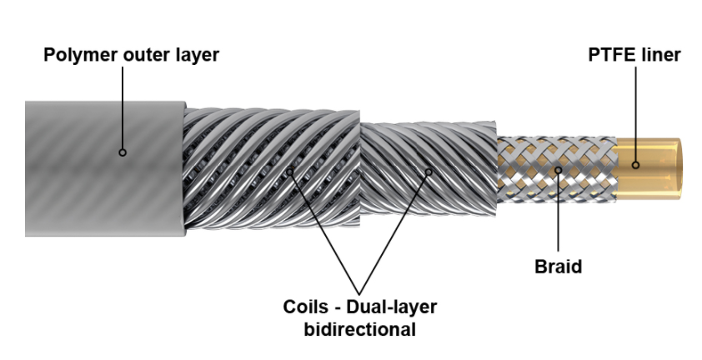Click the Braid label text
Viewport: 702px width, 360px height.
click(x=559, y=267)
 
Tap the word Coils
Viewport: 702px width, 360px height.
click(x=305, y=307)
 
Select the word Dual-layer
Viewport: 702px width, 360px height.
click(x=391, y=307)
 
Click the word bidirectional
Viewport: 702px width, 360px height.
click(x=360, y=329)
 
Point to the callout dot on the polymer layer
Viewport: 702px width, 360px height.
click(x=123, y=152)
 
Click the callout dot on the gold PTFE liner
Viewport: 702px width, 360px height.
click(x=635, y=165)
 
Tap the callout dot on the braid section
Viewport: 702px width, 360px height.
click(x=558, y=170)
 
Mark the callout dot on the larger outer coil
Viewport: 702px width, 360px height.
click(x=289, y=172)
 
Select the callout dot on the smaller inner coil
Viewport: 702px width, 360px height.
click(x=429, y=172)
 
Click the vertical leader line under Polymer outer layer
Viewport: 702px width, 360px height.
click(x=123, y=108)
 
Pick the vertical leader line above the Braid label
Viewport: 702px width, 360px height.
click(x=558, y=212)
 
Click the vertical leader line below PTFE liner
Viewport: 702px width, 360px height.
click(x=635, y=115)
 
